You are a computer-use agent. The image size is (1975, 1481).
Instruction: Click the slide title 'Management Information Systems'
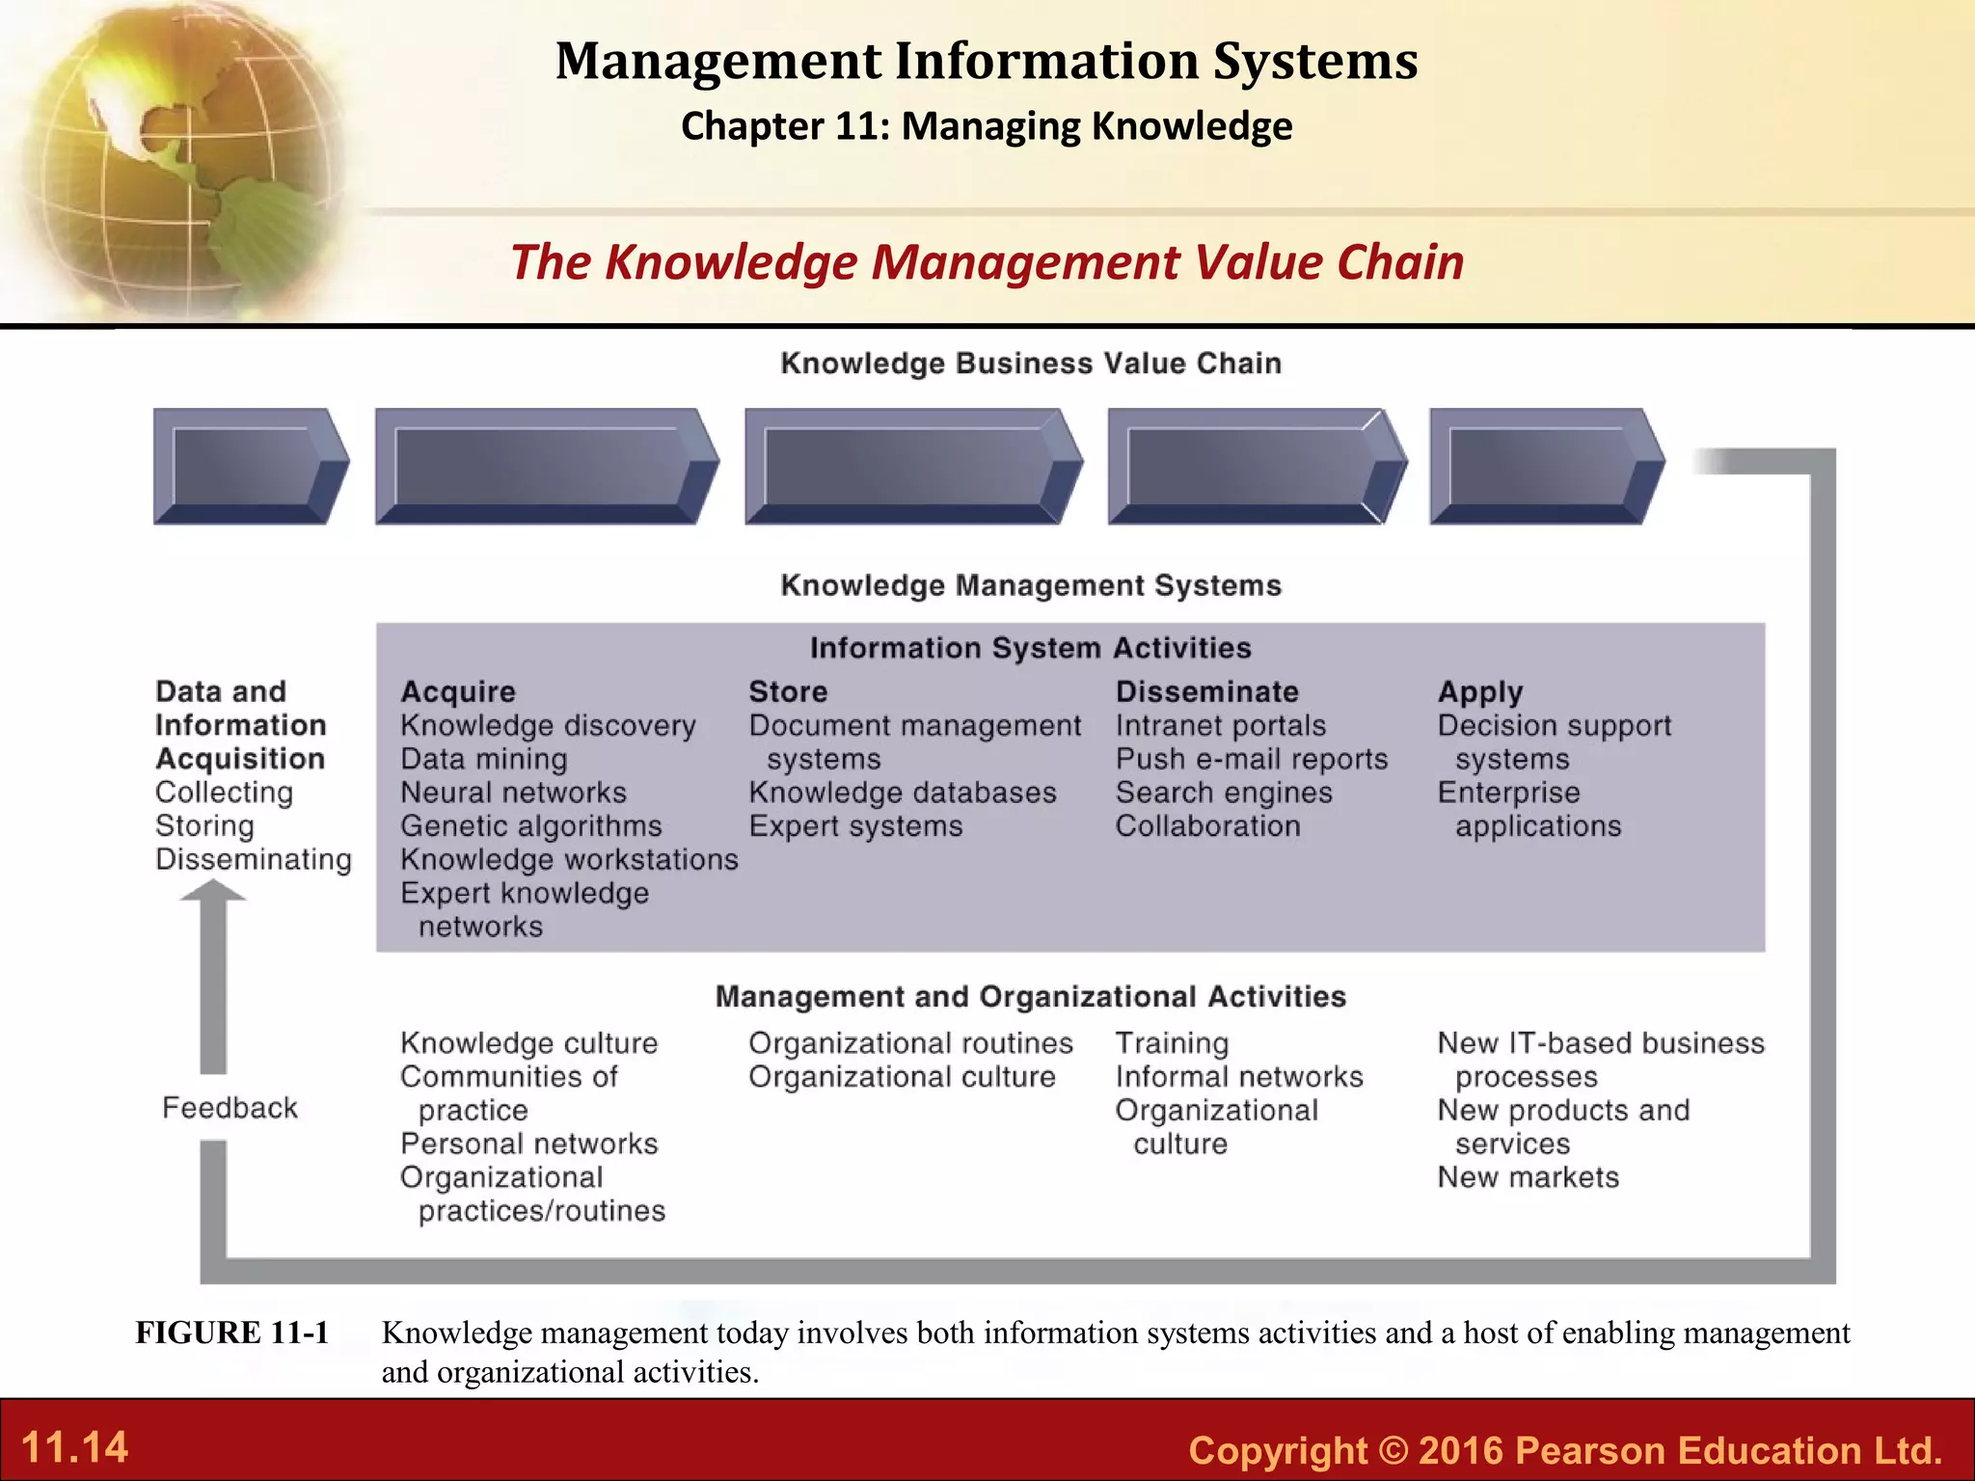[987, 61]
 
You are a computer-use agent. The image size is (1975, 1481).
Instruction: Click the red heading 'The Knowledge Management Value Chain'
[987, 262]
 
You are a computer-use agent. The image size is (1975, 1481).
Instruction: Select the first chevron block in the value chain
[250, 467]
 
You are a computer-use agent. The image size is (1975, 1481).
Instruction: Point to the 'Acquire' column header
[458, 691]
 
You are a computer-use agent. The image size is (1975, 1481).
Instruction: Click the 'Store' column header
[788, 691]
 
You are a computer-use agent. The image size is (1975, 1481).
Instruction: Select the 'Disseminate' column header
[1206, 691]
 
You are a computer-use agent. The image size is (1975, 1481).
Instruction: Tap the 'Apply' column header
[1479, 692]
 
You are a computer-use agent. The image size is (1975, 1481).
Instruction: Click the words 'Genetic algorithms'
[531, 826]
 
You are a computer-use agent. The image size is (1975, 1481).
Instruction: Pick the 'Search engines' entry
[1224, 793]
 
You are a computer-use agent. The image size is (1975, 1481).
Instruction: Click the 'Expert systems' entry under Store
[855, 826]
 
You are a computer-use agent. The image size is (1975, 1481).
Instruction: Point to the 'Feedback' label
[230, 1108]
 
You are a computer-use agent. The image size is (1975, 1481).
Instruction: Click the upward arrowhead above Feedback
[213, 892]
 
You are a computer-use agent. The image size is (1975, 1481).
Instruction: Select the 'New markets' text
[1528, 1177]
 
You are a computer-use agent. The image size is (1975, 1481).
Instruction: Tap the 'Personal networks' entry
[528, 1144]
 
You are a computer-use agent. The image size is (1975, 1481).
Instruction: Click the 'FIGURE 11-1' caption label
[231, 1333]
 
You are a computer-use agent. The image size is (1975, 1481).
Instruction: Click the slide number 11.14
[74, 1447]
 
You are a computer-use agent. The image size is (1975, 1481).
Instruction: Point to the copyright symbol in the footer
[1393, 1450]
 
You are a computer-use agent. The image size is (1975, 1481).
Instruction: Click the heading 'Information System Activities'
[1030, 648]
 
